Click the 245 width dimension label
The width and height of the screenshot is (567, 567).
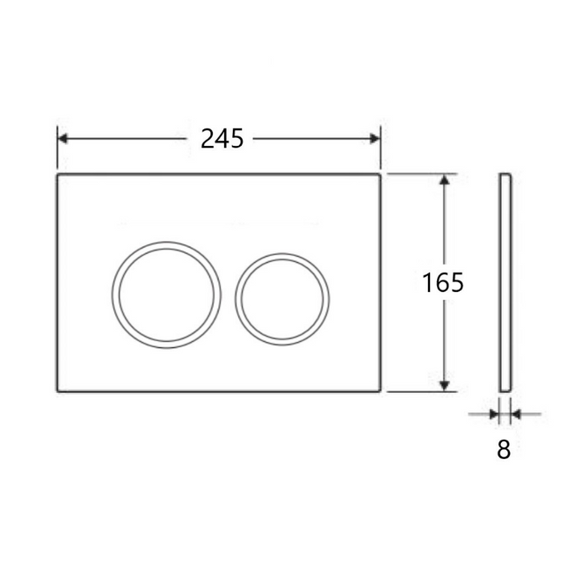pyautogui.click(x=222, y=139)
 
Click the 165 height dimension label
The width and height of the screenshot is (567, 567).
pyautogui.click(x=442, y=282)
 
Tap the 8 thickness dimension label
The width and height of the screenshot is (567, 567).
pyautogui.click(x=504, y=449)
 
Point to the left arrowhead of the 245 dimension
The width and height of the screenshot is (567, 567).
pyautogui.click(x=62, y=139)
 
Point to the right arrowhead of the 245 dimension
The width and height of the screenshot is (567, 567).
pyautogui.click(x=375, y=139)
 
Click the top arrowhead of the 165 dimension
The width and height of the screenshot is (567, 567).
pyautogui.click(x=445, y=179)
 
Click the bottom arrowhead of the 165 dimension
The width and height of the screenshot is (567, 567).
pyautogui.click(x=445, y=386)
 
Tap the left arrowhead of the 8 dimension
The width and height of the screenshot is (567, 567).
pyautogui.click(x=494, y=414)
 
